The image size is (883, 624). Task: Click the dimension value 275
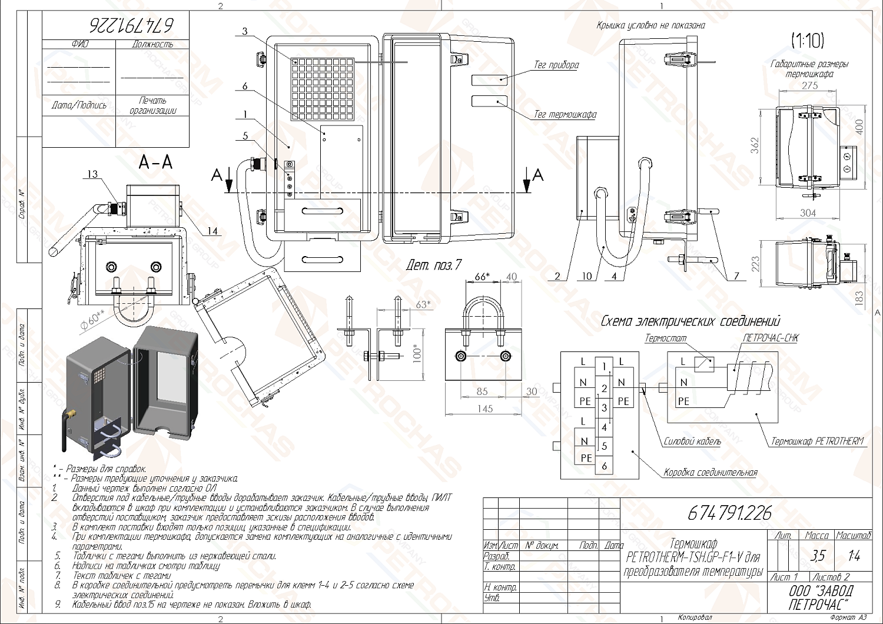coord(809,86)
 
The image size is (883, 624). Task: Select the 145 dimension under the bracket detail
coord(484,409)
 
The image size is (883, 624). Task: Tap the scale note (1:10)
coord(807,41)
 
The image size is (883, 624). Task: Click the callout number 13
coord(93,174)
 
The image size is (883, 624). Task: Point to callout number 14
coord(212,231)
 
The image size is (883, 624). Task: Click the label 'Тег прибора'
coord(556,65)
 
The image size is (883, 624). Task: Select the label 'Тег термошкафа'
coord(565,115)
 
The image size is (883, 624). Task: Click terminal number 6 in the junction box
coord(604,466)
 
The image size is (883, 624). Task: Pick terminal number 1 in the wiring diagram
coord(604,367)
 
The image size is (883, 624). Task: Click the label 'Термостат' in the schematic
coord(665,338)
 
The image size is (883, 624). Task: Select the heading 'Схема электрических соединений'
coord(690,321)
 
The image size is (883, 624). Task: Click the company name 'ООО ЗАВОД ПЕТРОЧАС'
coord(820,598)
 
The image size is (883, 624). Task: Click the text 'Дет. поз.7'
coord(433,265)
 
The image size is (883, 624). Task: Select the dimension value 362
coord(755,145)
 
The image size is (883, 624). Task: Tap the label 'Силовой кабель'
coord(692,442)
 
